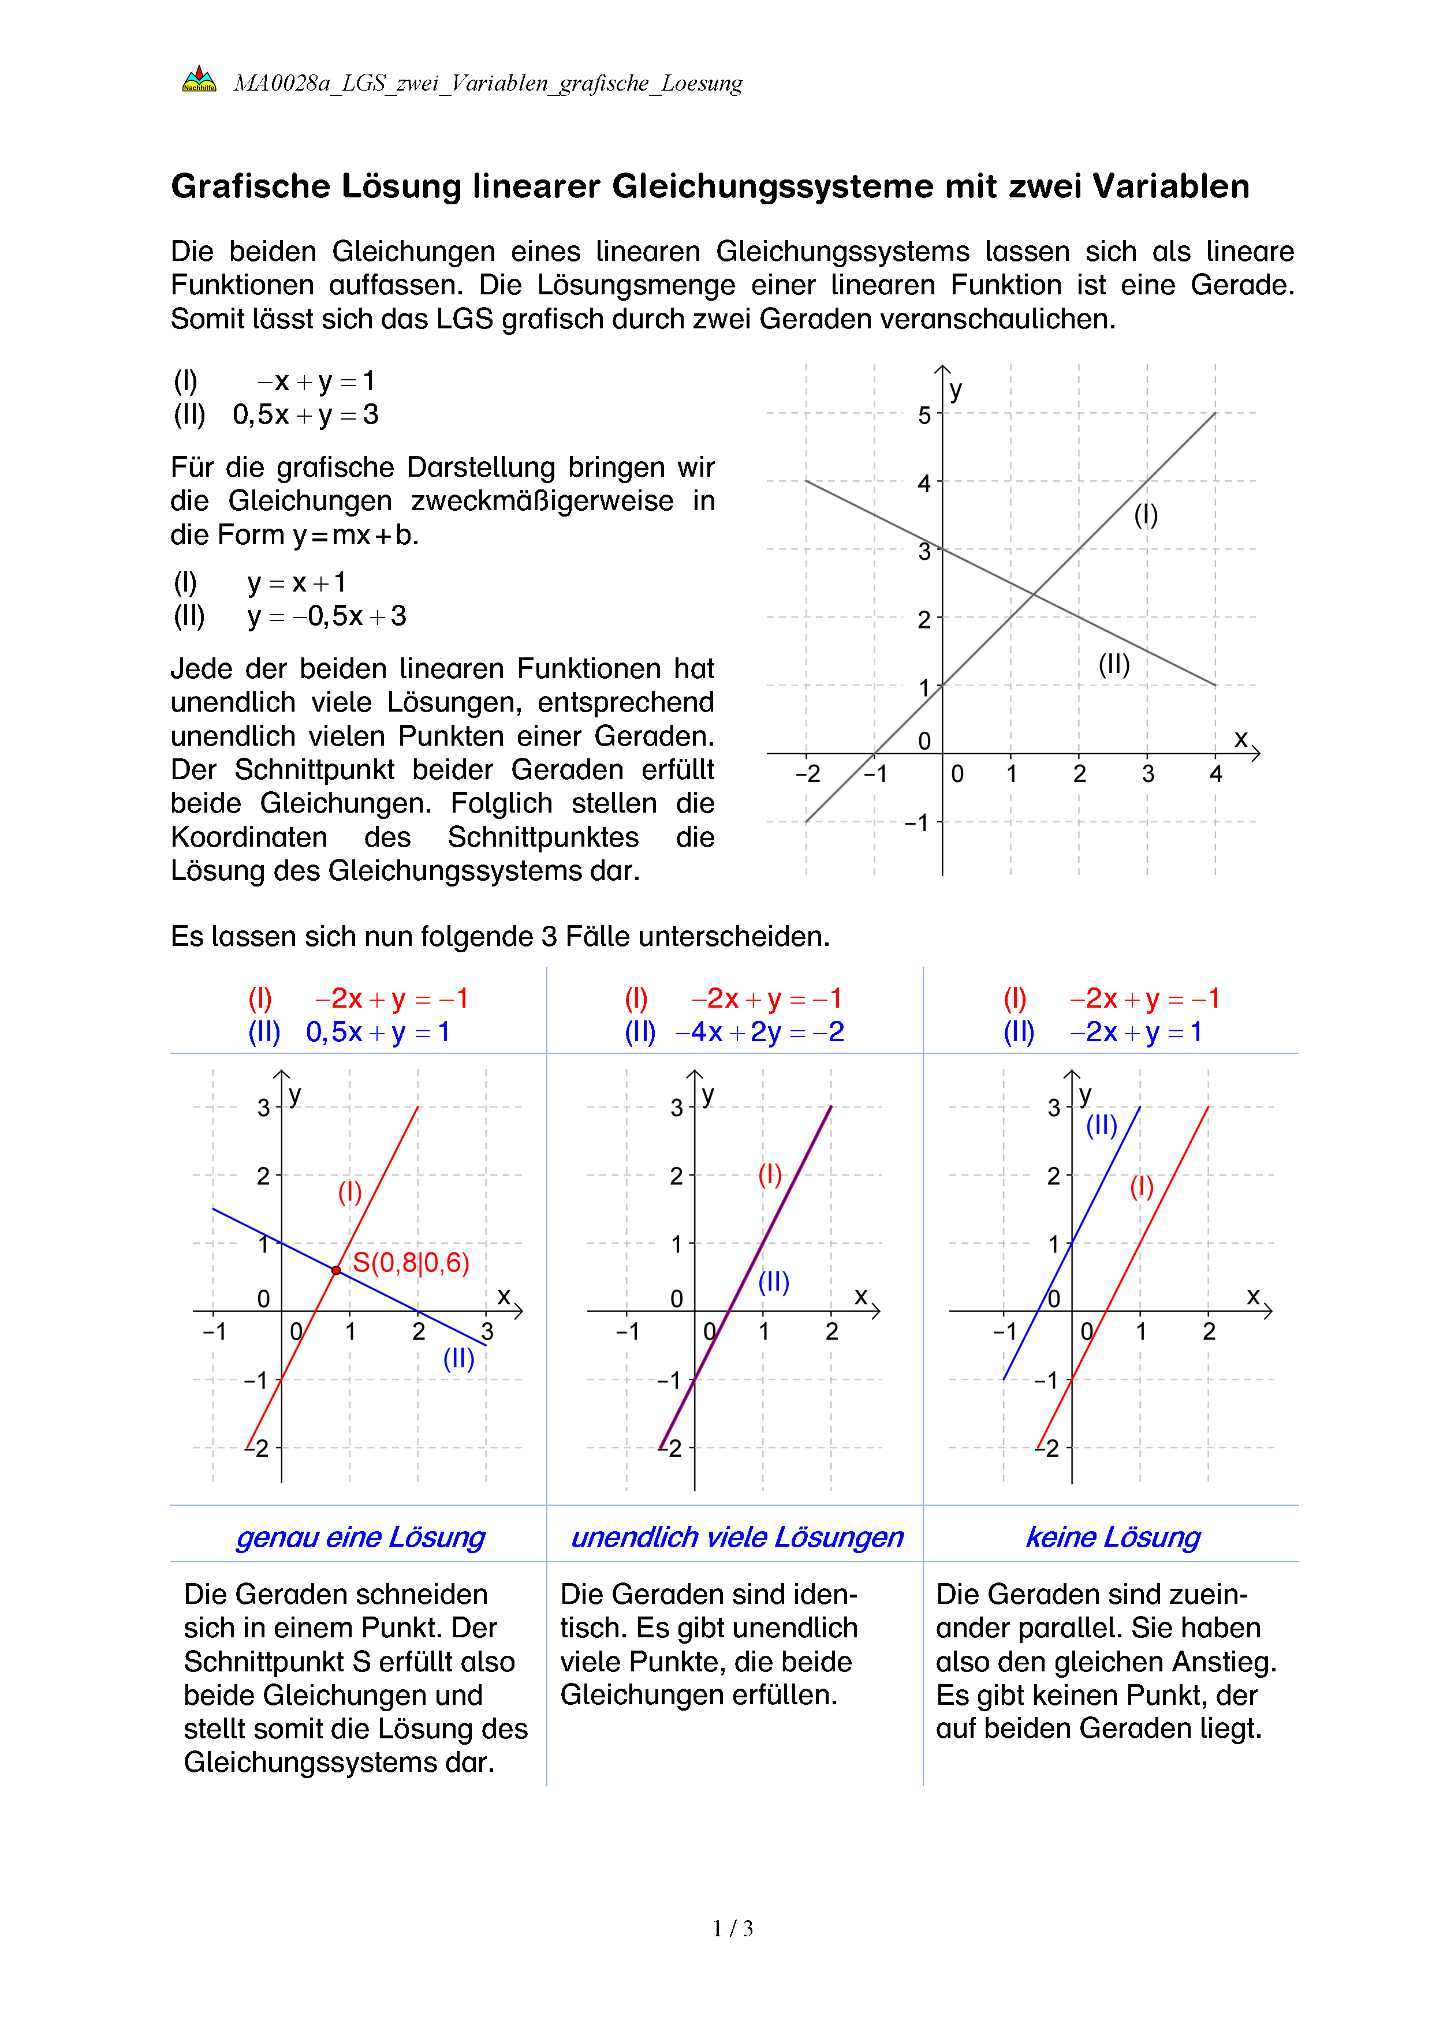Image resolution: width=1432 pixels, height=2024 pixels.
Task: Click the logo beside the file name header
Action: click(x=199, y=79)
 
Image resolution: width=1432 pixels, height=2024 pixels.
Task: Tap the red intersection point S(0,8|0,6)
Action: click(x=336, y=1270)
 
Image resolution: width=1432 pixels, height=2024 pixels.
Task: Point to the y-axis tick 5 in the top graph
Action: click(x=924, y=415)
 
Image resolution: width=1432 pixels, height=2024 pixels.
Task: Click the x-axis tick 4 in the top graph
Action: click(x=1216, y=774)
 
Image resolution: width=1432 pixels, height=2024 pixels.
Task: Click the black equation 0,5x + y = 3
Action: click(x=305, y=414)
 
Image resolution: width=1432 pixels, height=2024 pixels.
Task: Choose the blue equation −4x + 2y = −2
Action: click(x=759, y=1032)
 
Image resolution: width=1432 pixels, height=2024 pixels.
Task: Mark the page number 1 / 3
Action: click(x=733, y=1929)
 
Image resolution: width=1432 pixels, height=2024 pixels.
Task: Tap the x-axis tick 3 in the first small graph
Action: click(x=487, y=1331)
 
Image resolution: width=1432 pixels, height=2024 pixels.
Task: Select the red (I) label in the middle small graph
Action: click(x=770, y=1174)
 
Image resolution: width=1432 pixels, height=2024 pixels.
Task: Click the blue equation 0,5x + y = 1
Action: click(x=378, y=1032)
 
